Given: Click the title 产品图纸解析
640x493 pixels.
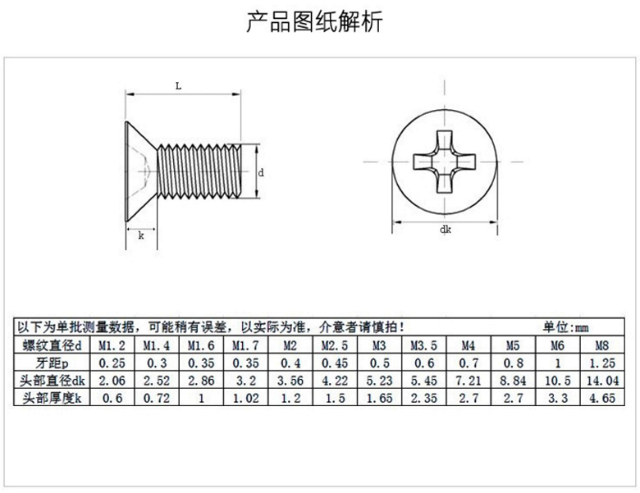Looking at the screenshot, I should (x=315, y=22).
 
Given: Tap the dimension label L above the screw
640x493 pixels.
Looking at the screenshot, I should (x=178, y=84).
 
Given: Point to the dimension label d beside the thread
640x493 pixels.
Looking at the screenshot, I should (x=261, y=172).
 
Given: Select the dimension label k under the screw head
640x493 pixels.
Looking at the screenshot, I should (x=141, y=235).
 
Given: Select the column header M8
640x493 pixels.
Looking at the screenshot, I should (x=601, y=345).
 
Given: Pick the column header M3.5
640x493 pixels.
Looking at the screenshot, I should (x=423, y=345).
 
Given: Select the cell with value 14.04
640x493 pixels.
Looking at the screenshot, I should (x=601, y=381).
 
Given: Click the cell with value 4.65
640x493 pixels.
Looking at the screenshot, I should (x=601, y=399).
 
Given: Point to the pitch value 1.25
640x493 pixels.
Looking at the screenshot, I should (x=601, y=363).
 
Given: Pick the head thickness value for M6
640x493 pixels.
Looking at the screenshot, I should (x=557, y=399).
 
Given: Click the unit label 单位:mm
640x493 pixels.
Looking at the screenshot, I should (x=566, y=326).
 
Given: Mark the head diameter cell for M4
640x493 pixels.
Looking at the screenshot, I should (x=468, y=381).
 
